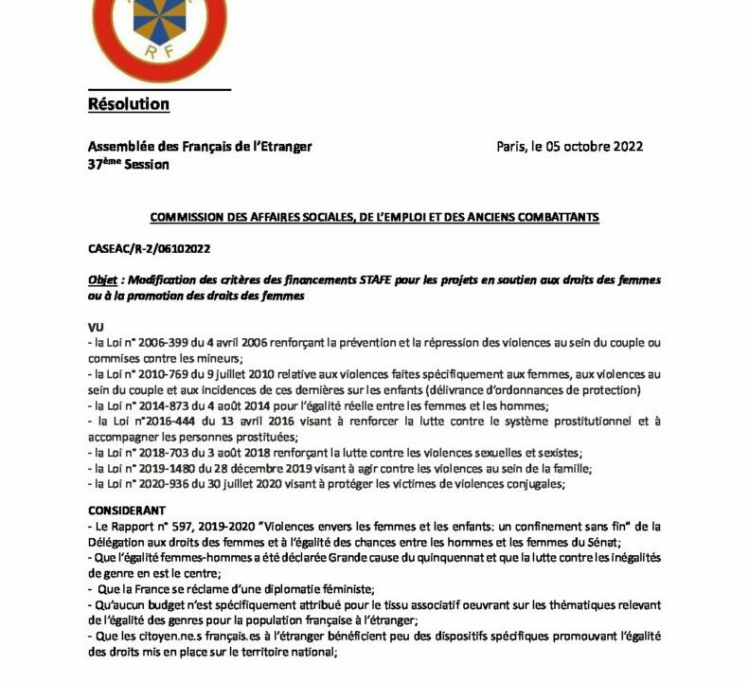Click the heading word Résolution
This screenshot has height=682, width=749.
tap(128, 103)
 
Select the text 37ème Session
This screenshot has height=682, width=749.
tap(128, 164)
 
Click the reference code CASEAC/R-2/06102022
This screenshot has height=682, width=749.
tap(147, 249)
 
